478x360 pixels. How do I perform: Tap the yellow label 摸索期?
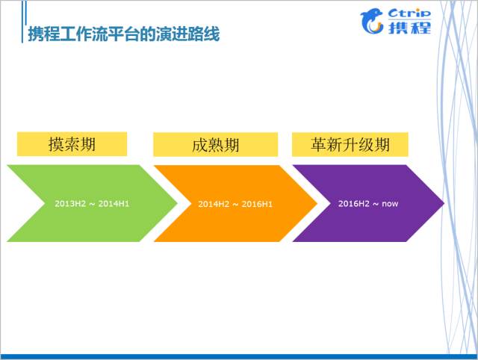click(72, 144)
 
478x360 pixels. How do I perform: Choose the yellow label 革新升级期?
click(350, 144)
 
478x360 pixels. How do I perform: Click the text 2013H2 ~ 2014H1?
click(92, 203)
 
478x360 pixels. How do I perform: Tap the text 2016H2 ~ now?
click(367, 203)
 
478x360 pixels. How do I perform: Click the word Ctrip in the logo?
click(410, 13)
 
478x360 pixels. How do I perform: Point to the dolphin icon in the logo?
click(373, 21)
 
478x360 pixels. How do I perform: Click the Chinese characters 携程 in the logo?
click(410, 28)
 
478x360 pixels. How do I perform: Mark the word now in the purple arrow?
click(390, 203)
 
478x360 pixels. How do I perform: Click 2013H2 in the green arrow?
click(69, 203)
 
